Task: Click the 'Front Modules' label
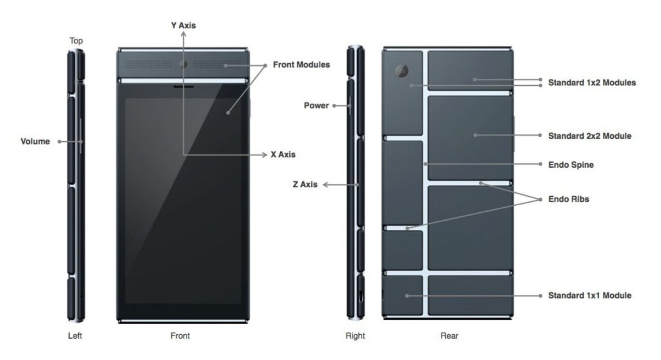coord(301,65)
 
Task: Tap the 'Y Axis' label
coord(183,26)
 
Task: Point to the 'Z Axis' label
coord(305,185)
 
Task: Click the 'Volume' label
coord(36,141)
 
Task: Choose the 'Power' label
coord(316,105)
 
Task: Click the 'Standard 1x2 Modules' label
coord(591,83)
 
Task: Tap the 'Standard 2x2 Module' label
coord(589,136)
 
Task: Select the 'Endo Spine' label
coord(571,165)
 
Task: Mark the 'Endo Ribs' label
coord(569,199)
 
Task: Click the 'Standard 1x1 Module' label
coord(589,295)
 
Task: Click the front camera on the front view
coord(183,65)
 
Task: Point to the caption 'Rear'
coord(449,335)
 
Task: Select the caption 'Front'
coord(180,335)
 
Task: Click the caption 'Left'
coord(75,335)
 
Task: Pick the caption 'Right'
coord(355,335)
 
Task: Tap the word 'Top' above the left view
coord(76,41)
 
